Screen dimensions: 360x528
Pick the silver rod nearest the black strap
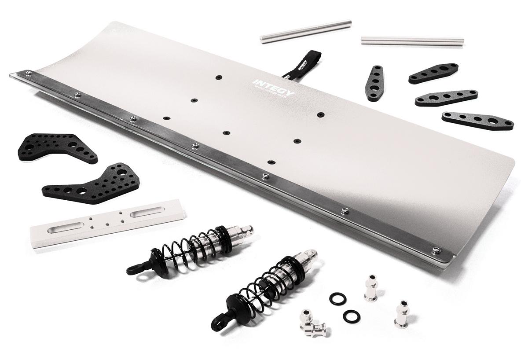pos(306,31)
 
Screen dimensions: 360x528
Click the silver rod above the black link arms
pos(412,41)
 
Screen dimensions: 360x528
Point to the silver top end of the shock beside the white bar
pos(245,229)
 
